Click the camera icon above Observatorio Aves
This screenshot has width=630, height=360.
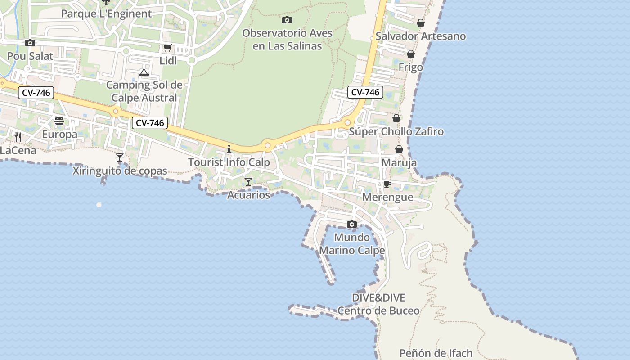click(x=287, y=20)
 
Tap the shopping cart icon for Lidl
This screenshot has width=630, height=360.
click(x=167, y=48)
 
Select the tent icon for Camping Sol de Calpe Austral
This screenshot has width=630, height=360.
click(x=144, y=72)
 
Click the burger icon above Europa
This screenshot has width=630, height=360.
click(x=59, y=121)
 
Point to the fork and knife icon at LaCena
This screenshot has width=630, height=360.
click(x=18, y=137)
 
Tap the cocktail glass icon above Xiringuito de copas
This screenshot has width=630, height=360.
click(x=120, y=157)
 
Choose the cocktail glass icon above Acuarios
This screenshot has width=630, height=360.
click(x=248, y=181)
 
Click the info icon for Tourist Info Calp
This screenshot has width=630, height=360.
click(x=229, y=148)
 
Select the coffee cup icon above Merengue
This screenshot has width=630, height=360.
click(x=387, y=184)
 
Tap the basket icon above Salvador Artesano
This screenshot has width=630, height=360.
click(x=420, y=22)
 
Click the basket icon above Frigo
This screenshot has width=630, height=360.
click(x=410, y=54)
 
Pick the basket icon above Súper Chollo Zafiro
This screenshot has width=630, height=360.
click(x=396, y=118)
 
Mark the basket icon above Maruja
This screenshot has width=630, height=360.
click(x=399, y=149)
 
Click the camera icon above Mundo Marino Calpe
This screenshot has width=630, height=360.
click(x=352, y=224)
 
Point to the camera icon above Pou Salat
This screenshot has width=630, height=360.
click(x=30, y=43)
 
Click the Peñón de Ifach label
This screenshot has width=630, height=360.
click(x=436, y=353)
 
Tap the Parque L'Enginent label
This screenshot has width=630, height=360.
click(x=106, y=13)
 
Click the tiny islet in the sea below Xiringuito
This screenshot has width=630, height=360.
click(x=99, y=205)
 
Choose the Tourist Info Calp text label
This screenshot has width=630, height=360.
click(x=229, y=162)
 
